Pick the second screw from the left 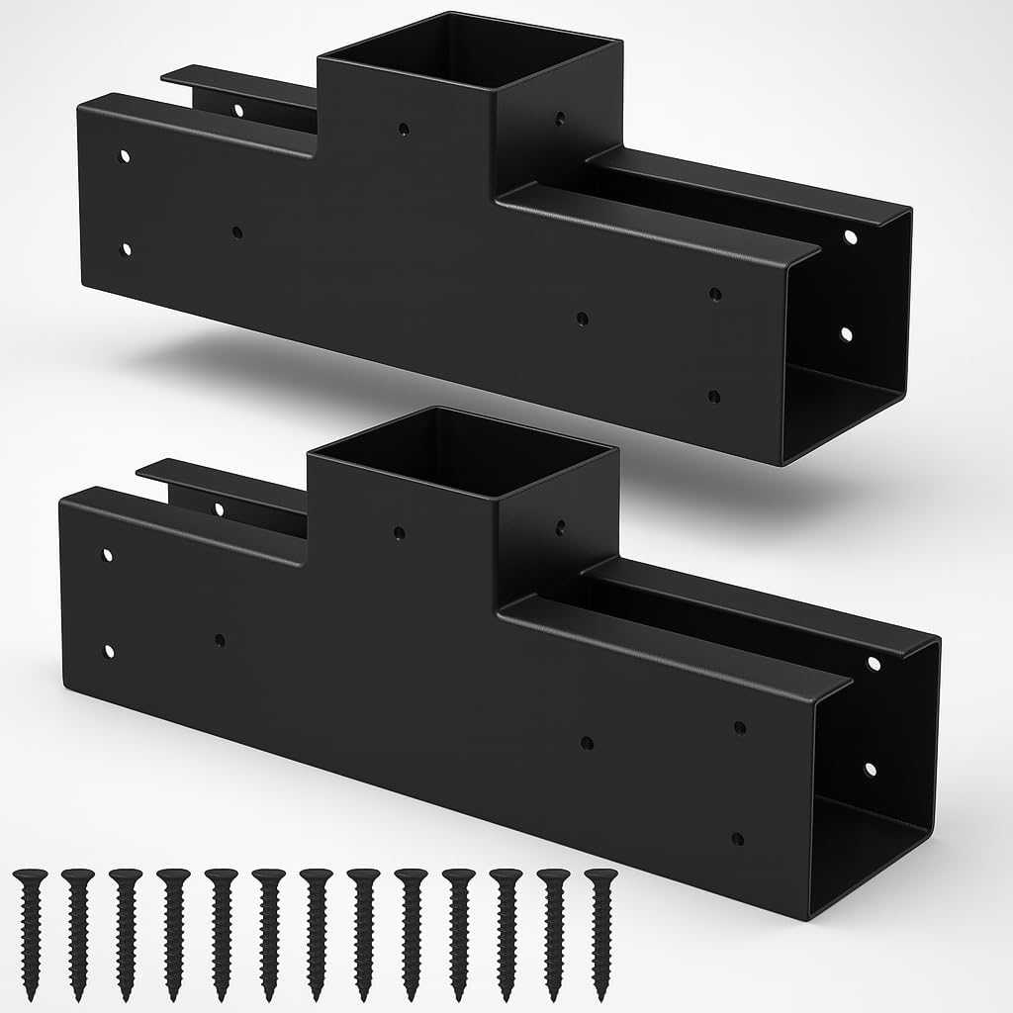pos(78,934)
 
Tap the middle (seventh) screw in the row pos(316,934)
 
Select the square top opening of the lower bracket pos(462,451)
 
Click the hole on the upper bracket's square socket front pos(404,128)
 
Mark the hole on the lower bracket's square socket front pos(399,532)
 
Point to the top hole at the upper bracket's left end pos(126,156)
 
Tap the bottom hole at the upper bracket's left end pos(126,248)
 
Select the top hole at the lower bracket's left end pos(108,554)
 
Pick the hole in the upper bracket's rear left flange pos(238,109)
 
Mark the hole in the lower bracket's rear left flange pos(219,508)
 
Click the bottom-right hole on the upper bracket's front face pos(714,396)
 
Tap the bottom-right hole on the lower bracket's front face pos(737,838)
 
